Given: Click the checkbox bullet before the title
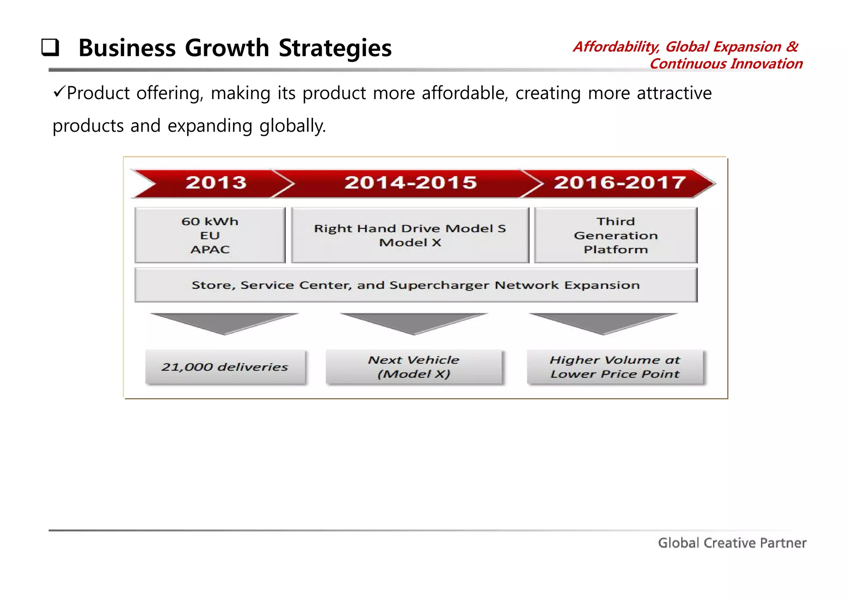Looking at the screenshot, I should point(50,48).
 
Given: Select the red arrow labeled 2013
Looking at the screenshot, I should point(215,183).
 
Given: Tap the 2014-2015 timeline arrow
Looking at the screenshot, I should point(410,183).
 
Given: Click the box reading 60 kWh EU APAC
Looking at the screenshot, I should point(210,235).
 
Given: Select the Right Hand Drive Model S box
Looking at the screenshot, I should point(410,235).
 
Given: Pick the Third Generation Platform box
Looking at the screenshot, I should point(615,235).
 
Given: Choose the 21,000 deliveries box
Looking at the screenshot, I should point(225,367).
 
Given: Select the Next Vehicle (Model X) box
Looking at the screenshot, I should point(414,367).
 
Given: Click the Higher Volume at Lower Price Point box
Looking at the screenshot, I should point(615,367).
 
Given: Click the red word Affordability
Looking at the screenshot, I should point(616,47).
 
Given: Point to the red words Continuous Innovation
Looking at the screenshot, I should point(726,64).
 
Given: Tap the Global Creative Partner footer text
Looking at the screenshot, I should point(732,543).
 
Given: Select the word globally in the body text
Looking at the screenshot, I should point(292,126).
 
